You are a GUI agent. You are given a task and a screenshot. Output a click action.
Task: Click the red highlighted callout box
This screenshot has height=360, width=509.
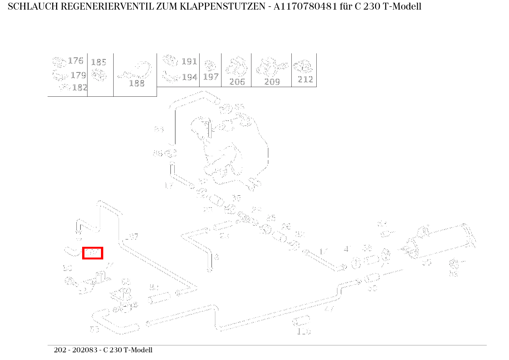coord(93,253)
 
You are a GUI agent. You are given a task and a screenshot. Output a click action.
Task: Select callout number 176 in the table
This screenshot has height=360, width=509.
coord(76,61)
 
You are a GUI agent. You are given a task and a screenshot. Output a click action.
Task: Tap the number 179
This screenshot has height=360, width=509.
coord(78,75)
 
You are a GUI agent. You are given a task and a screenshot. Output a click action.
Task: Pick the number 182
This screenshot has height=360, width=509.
coord(79,88)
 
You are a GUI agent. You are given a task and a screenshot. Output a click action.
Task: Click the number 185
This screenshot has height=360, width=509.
coord(99,62)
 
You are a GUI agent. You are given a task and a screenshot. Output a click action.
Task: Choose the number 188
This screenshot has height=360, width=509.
coord(137,83)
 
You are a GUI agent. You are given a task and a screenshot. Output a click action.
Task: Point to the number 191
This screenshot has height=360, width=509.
coord(189,61)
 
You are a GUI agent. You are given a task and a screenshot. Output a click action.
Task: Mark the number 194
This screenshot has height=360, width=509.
coord(189,77)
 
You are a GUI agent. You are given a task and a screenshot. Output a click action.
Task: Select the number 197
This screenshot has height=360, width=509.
coord(211,77)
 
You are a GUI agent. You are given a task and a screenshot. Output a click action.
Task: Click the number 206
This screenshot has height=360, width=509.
coord(237,81)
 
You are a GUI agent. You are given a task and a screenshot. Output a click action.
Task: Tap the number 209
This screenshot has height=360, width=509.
coord(272,81)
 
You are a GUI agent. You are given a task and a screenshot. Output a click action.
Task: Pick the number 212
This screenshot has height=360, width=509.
coord(306,79)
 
